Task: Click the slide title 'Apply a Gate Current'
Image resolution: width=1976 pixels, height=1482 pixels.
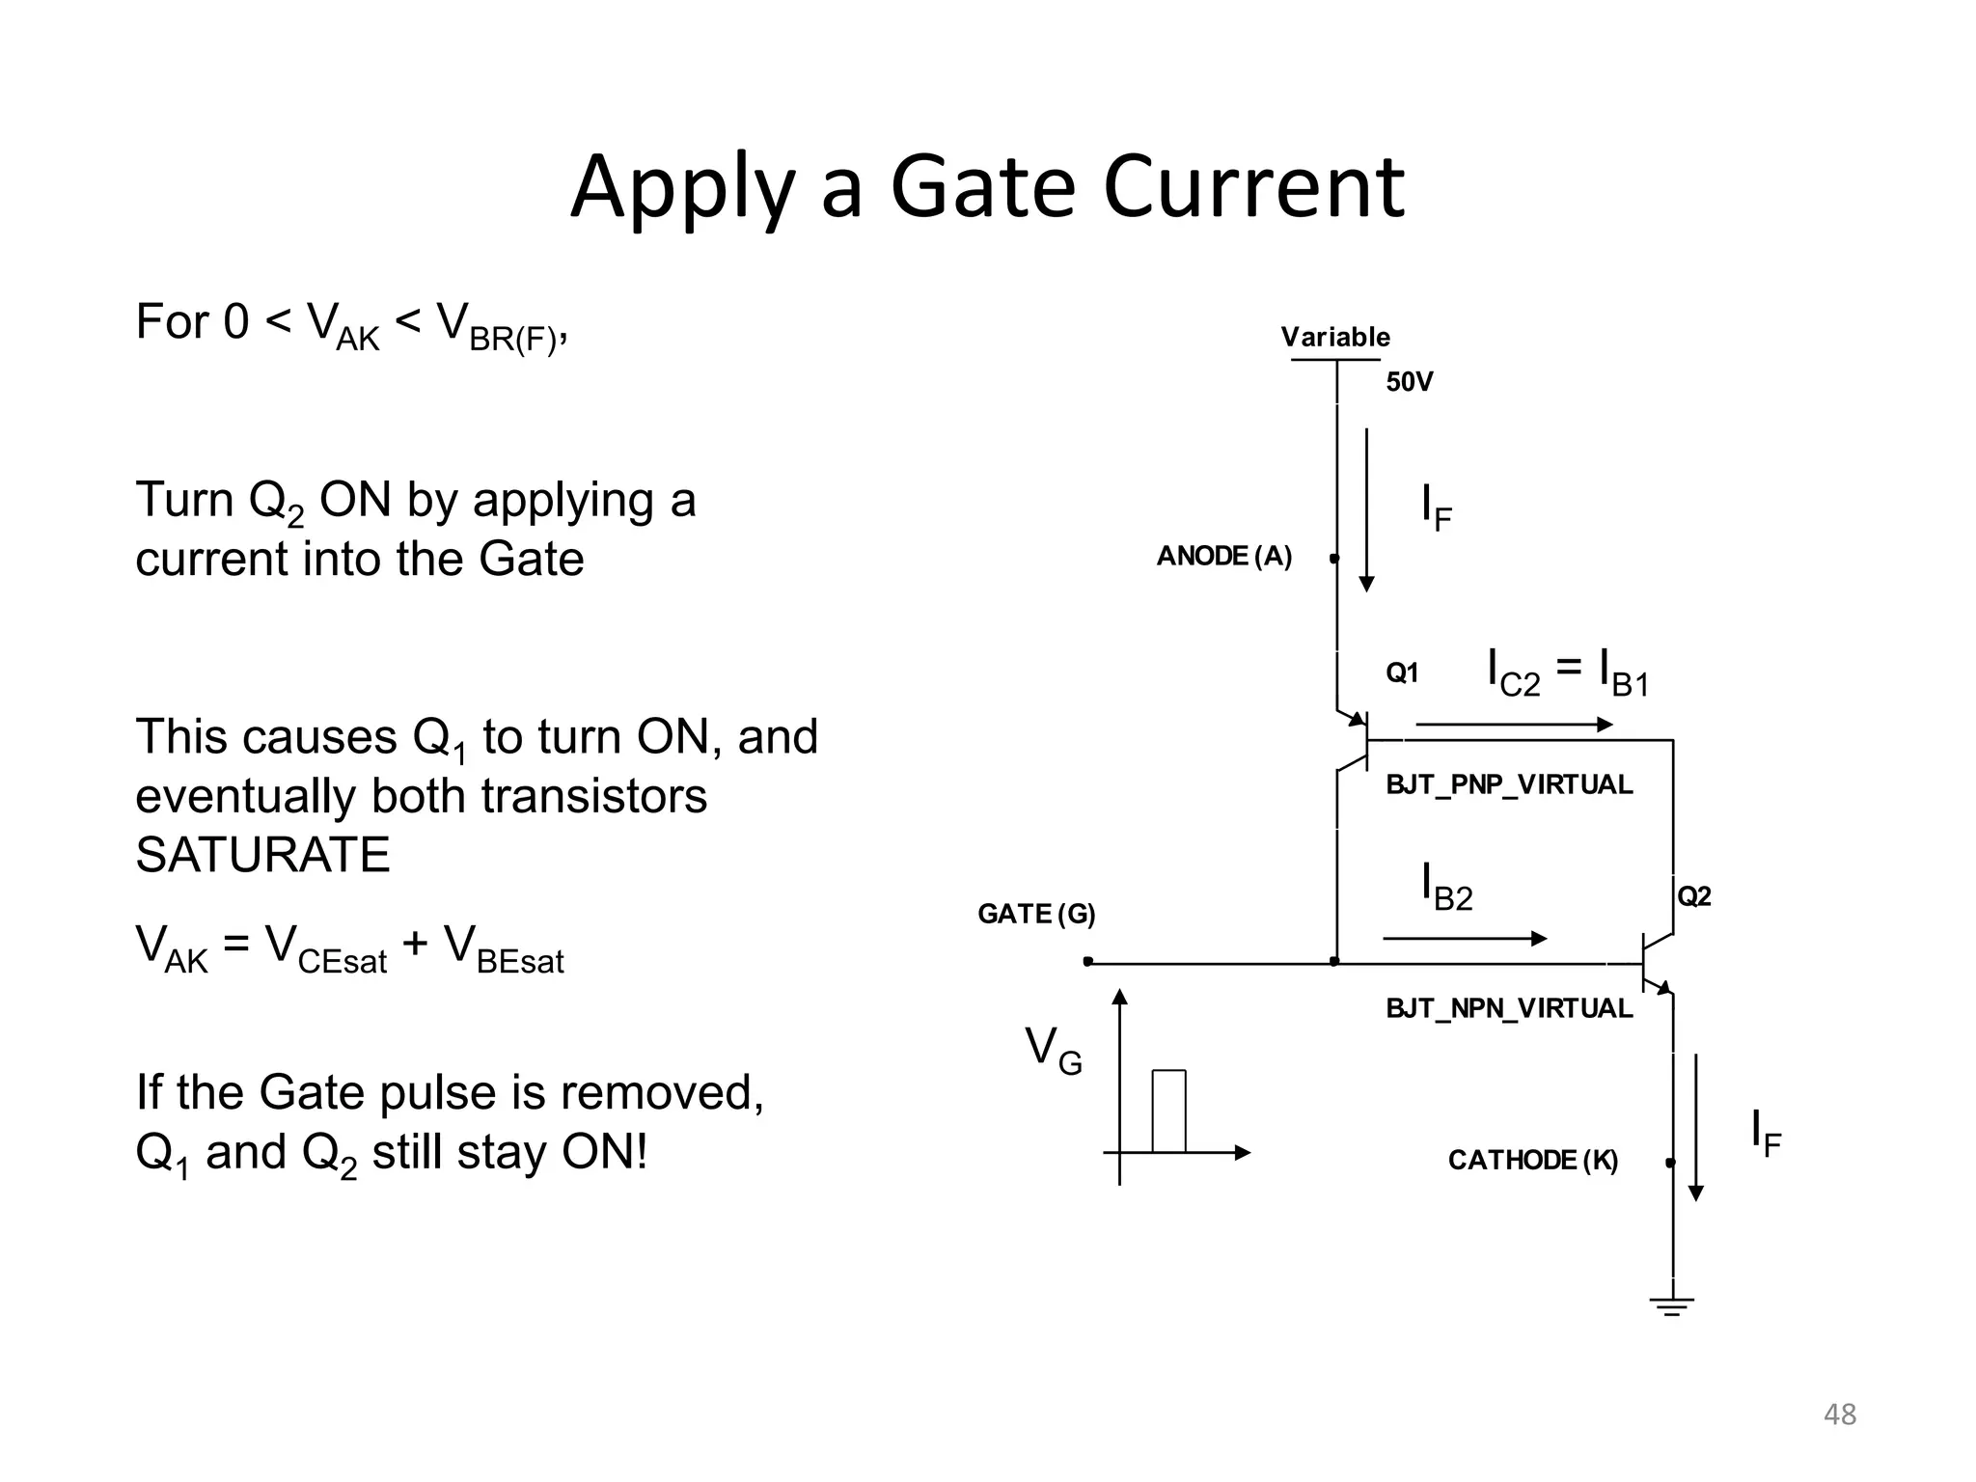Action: pyautogui.click(x=987, y=187)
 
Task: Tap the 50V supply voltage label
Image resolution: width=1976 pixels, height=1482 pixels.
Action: pyautogui.click(x=1409, y=382)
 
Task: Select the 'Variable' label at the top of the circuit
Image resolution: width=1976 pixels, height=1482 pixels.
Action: pyautogui.click(x=1335, y=337)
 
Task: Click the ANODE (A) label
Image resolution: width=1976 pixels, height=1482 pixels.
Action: pyautogui.click(x=1223, y=556)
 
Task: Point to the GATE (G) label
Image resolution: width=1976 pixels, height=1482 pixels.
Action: pyautogui.click(x=1036, y=914)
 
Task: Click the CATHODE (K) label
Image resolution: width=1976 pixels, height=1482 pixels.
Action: pyautogui.click(x=1532, y=1160)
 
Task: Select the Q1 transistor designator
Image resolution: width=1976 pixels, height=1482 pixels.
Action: pyautogui.click(x=1402, y=672)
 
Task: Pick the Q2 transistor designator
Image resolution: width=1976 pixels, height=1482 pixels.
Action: pyautogui.click(x=1694, y=896)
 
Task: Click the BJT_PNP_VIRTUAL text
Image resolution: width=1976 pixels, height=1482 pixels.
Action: pyautogui.click(x=1509, y=784)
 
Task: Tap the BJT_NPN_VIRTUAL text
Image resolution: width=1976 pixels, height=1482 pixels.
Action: pyautogui.click(x=1509, y=1008)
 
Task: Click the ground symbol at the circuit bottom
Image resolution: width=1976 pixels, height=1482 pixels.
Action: pyautogui.click(x=1672, y=1306)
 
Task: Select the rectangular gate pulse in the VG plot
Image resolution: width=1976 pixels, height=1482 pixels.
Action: pyautogui.click(x=1168, y=1111)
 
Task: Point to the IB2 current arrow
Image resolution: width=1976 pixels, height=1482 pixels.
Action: pyautogui.click(x=1464, y=938)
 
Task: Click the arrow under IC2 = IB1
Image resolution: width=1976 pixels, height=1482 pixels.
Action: pyautogui.click(x=1513, y=725)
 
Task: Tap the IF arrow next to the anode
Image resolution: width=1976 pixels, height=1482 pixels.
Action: pyautogui.click(x=1366, y=511)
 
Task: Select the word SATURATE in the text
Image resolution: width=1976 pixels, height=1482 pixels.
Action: pyautogui.click(x=262, y=855)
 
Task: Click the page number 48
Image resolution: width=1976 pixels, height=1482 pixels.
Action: pyautogui.click(x=1839, y=1414)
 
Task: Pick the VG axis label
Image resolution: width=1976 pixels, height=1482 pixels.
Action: pyautogui.click(x=1053, y=1050)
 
